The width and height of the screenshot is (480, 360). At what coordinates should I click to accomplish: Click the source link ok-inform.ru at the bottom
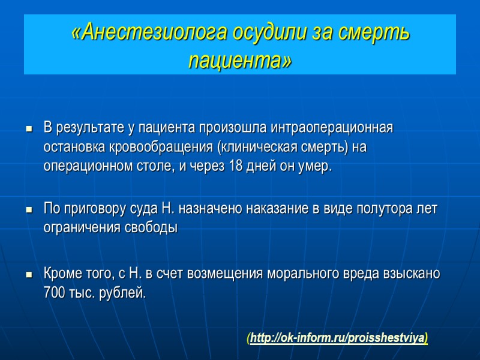[x=337, y=338]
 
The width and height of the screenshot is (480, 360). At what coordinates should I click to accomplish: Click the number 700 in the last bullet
[x=55, y=293]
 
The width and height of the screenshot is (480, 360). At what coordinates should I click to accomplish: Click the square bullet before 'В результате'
[x=28, y=130]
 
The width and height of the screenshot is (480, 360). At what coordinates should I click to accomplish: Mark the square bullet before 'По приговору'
[x=28, y=211]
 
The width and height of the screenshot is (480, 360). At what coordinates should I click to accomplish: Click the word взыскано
[x=413, y=274]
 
